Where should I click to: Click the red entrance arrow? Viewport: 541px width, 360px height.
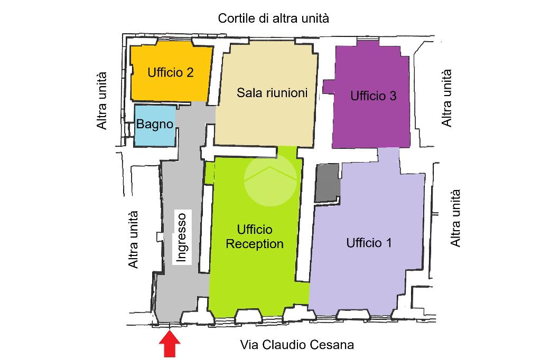click(x=170, y=344)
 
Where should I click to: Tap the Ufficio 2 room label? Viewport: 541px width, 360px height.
click(x=171, y=72)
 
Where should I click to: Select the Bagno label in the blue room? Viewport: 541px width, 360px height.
click(x=155, y=124)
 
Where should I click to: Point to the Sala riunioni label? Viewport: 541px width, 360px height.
click(x=272, y=92)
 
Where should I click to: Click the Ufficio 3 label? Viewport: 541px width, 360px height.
click(x=374, y=96)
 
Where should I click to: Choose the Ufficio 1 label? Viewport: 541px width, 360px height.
click(x=369, y=243)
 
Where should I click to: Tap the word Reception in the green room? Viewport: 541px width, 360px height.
click(x=255, y=244)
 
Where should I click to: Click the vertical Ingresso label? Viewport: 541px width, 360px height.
click(x=182, y=237)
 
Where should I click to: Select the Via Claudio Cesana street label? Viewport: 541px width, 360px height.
click(x=297, y=345)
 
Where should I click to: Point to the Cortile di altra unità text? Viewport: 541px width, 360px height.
click(x=273, y=18)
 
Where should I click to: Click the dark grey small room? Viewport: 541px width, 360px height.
click(x=328, y=183)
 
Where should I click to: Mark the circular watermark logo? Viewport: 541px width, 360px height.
click(x=270, y=180)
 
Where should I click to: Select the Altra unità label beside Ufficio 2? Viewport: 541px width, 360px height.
click(x=102, y=101)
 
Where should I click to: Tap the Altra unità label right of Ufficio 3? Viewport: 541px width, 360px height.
click(x=446, y=98)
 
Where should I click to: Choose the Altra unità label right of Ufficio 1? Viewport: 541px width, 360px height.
click(x=455, y=218)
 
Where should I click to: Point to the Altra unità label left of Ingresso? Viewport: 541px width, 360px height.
click(x=133, y=239)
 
